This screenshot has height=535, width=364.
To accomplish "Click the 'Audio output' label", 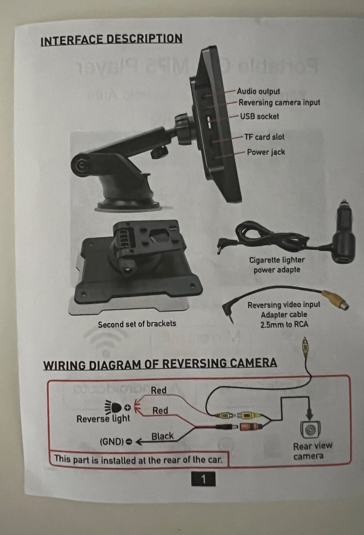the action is coord(258,91).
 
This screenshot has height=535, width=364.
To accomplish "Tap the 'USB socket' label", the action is coord(259,116).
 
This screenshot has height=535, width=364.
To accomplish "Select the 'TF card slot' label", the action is coord(264,137).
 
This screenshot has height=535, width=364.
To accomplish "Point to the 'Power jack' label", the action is coord(266,152).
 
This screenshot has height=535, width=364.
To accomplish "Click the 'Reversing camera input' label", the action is coord(279,103).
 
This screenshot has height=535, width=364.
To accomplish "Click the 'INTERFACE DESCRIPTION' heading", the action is coord(111,40).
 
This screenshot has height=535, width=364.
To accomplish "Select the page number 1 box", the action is coord(203,479).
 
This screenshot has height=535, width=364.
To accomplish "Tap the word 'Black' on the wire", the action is coord(162,436).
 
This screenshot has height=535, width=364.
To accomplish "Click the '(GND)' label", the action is coord(111,442).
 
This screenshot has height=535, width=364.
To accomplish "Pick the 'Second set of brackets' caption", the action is coord(137,324).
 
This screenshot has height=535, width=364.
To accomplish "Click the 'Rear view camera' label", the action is coord(312,451).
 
